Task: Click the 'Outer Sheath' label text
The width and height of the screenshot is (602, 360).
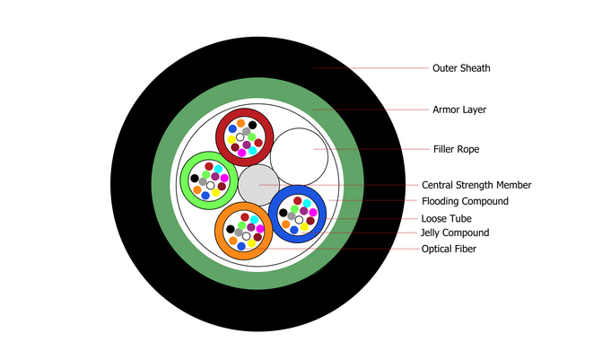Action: click(461, 67)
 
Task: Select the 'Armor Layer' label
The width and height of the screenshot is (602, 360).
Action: click(459, 110)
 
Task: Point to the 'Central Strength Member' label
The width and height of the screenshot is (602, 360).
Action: click(476, 185)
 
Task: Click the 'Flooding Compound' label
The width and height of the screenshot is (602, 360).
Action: click(465, 201)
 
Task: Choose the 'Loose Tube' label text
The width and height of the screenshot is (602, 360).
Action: click(446, 218)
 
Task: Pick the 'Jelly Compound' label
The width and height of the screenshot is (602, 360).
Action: click(455, 233)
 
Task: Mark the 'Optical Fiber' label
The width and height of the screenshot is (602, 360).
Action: click(449, 249)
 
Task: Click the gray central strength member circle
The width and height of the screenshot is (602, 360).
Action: click(258, 185)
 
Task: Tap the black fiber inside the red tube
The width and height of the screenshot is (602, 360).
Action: click(252, 125)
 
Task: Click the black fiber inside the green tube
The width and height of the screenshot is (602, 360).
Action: click(195, 179)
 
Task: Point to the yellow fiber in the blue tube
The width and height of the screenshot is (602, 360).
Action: click(305, 226)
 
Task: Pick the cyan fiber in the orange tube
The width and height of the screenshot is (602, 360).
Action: click(254, 220)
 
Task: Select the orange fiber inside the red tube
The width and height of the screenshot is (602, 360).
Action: click(240, 123)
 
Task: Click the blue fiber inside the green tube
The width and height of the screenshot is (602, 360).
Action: click(205, 196)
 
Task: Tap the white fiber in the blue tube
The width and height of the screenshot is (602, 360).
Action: click(299, 220)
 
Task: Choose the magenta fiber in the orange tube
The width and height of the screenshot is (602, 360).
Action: click(260, 228)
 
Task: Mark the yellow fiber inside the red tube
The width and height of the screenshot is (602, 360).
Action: click(231, 139)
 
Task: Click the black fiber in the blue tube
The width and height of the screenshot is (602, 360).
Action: click(284, 212)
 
